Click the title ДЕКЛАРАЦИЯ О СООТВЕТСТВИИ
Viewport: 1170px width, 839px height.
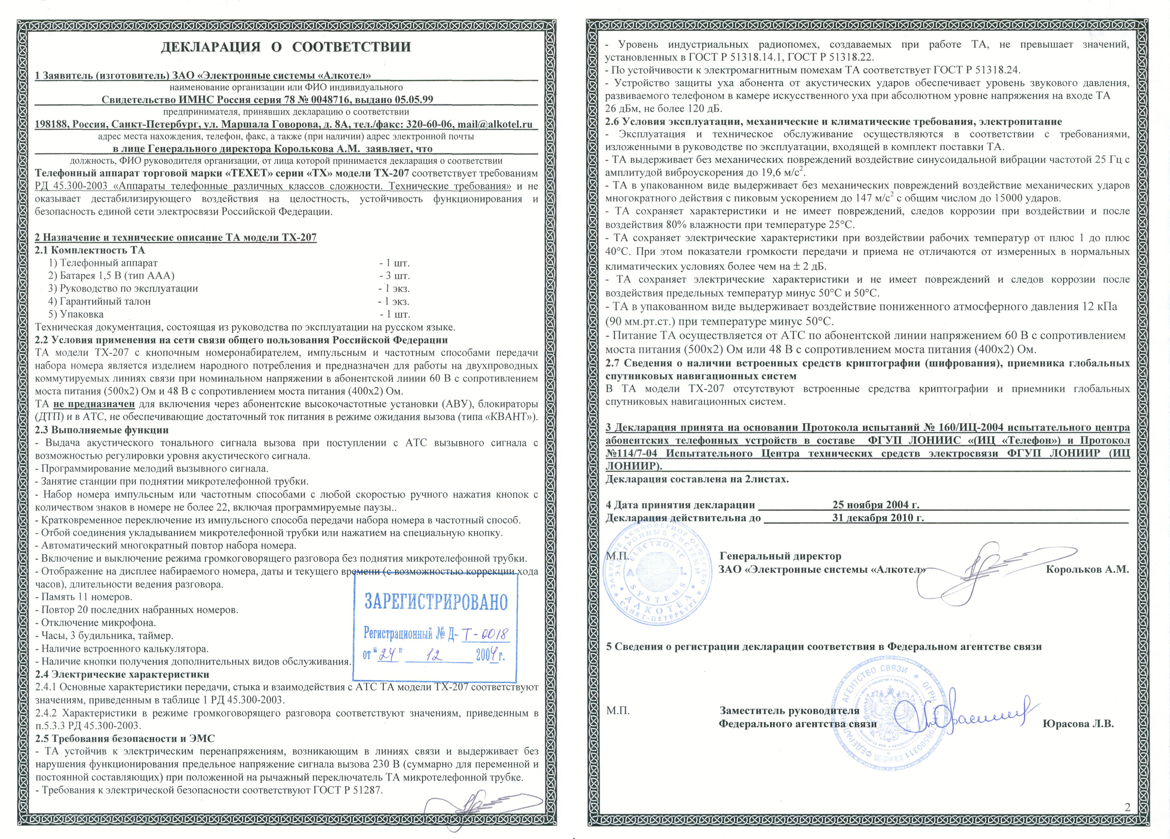[286, 47]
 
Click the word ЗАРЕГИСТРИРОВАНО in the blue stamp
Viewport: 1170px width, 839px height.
[436, 602]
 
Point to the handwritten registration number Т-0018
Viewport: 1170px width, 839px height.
[485, 634]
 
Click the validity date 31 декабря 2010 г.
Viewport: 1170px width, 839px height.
[877, 518]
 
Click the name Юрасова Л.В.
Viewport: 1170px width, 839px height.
[1078, 724]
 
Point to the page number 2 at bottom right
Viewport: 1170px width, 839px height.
[1127, 807]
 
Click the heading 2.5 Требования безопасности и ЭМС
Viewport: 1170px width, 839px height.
[124, 738]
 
